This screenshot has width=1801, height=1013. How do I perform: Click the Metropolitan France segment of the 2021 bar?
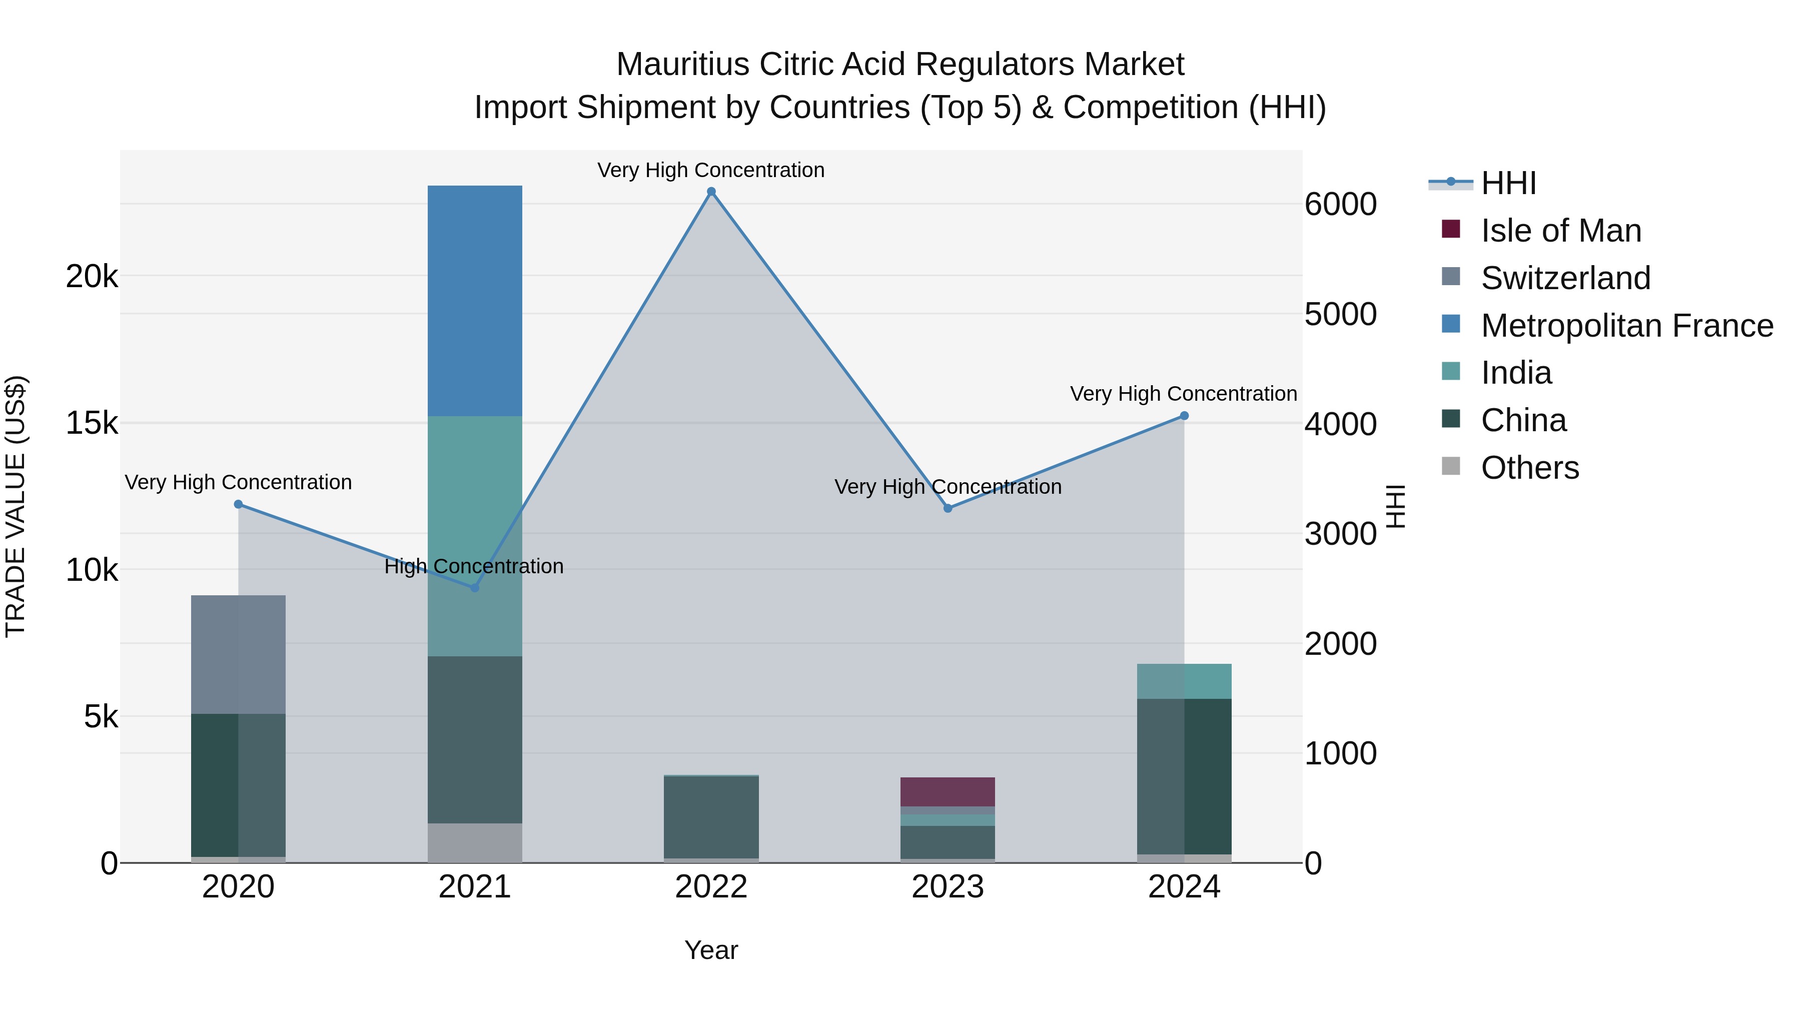475,301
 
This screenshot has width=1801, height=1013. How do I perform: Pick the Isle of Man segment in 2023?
948,791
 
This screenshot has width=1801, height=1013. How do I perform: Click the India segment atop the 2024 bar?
1184,681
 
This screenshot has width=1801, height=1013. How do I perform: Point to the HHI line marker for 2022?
711,192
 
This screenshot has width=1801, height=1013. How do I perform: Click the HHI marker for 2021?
475,588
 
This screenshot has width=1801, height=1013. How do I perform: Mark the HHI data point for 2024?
1184,416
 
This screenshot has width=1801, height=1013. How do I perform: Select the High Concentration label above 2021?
474,566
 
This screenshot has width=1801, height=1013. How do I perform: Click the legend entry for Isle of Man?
1560,231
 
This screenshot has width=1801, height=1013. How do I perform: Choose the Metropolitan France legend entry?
1626,326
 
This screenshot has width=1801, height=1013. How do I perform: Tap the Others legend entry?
1530,468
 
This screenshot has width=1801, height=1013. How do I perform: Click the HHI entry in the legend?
1508,183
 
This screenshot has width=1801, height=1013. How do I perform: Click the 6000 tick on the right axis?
1340,205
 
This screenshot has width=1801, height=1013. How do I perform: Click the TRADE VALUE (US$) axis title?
16,506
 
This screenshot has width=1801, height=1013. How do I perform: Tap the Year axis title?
711,950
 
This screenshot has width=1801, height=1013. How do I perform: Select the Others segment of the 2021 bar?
475,842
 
